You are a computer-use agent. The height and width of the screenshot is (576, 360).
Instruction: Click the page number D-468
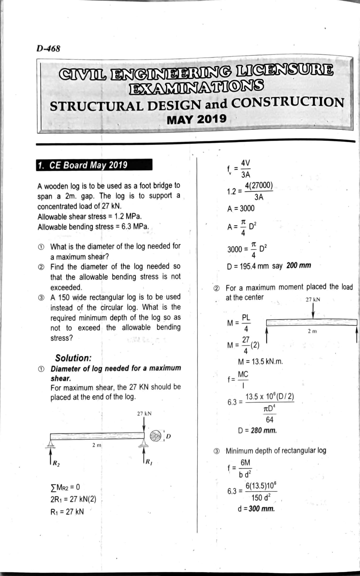click(x=48, y=48)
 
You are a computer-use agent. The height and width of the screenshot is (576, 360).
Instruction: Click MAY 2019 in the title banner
click(x=196, y=119)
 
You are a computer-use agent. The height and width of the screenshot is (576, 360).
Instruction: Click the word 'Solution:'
click(x=73, y=358)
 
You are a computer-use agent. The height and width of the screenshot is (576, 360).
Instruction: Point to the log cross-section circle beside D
click(x=156, y=436)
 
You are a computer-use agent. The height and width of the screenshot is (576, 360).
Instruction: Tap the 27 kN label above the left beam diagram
click(x=144, y=414)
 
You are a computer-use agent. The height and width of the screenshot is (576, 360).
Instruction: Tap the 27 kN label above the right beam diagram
click(x=313, y=300)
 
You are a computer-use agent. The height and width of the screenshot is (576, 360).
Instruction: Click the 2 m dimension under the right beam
click(x=312, y=331)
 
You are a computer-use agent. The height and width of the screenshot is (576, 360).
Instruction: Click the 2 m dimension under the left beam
click(x=97, y=445)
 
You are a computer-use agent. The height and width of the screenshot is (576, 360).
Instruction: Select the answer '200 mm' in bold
click(x=298, y=266)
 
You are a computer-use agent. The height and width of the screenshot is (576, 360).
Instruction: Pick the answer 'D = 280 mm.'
click(x=257, y=431)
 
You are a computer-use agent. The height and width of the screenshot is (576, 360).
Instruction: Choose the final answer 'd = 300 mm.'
click(x=256, y=509)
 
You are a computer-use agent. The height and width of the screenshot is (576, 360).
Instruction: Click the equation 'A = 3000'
click(x=241, y=208)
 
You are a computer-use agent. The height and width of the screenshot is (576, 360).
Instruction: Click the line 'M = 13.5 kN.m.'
click(x=260, y=362)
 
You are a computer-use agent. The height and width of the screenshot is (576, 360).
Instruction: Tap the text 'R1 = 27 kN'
click(x=67, y=512)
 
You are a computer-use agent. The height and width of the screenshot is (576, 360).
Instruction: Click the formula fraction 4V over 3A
click(x=245, y=169)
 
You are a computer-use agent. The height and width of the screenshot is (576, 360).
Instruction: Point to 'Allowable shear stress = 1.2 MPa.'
click(x=90, y=216)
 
